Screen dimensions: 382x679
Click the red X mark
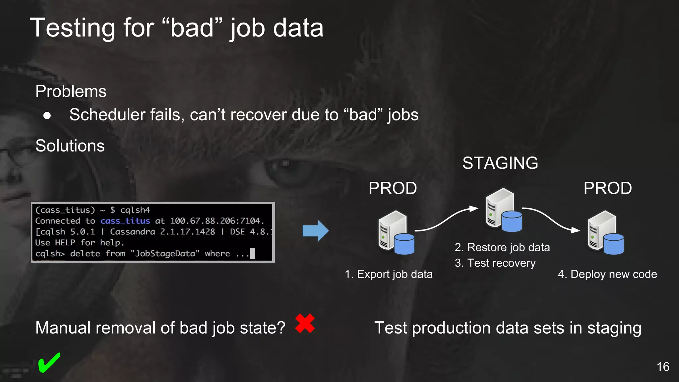click(305, 323)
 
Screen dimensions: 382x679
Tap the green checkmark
click(49, 362)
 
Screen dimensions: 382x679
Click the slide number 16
click(663, 367)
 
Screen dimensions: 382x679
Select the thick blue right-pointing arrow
click(315, 231)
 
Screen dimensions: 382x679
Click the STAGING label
click(500, 163)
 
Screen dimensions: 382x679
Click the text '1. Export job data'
click(389, 274)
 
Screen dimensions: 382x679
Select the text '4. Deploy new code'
click(607, 274)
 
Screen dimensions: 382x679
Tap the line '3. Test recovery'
click(495, 263)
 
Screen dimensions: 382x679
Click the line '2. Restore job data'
click(502, 247)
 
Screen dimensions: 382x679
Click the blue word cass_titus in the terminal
click(125, 221)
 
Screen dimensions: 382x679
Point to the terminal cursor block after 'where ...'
click(253, 253)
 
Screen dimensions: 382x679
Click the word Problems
click(71, 91)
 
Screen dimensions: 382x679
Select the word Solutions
click(70, 146)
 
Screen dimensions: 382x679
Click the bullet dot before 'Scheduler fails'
click(47, 115)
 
